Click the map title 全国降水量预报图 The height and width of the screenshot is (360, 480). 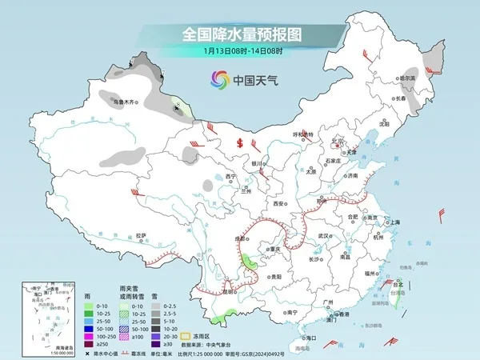pos(240,35)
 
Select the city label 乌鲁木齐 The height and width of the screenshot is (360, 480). pos(125,102)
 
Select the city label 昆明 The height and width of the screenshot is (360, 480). pos(230,291)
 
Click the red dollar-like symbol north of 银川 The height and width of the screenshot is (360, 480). pos(240,144)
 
